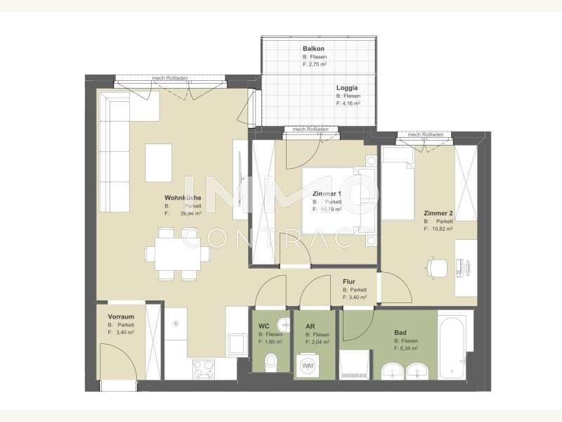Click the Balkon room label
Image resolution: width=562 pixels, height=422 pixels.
coord(313,49)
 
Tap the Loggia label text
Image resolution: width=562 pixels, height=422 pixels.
coord(347,88)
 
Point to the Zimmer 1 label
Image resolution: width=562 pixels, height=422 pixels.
coord(327,194)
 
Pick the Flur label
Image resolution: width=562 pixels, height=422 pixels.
coord(349,281)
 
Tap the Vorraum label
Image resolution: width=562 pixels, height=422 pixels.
coord(121,316)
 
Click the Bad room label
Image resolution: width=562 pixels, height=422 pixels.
coord(400,332)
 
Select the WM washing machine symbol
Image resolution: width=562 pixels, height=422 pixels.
coord(308,366)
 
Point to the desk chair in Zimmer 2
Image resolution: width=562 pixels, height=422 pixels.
coord(437,266)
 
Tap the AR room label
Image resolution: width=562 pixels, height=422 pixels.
coord(310,326)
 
